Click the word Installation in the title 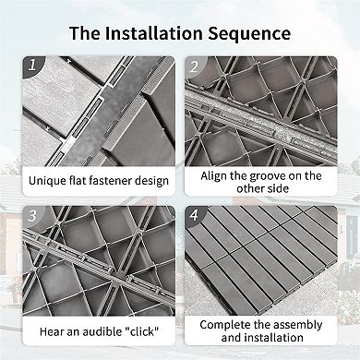click(x=153, y=33)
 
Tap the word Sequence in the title click(x=249, y=33)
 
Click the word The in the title click(x=84, y=33)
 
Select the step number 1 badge click(x=32, y=65)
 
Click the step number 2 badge click(x=194, y=66)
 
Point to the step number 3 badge click(x=32, y=216)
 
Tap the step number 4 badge click(x=194, y=215)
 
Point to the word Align click(x=214, y=176)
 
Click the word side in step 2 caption click(x=278, y=188)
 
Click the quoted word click click(x=141, y=331)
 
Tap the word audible click(x=102, y=331)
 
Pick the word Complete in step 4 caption click(x=225, y=325)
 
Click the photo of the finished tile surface click(x=261, y=260)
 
